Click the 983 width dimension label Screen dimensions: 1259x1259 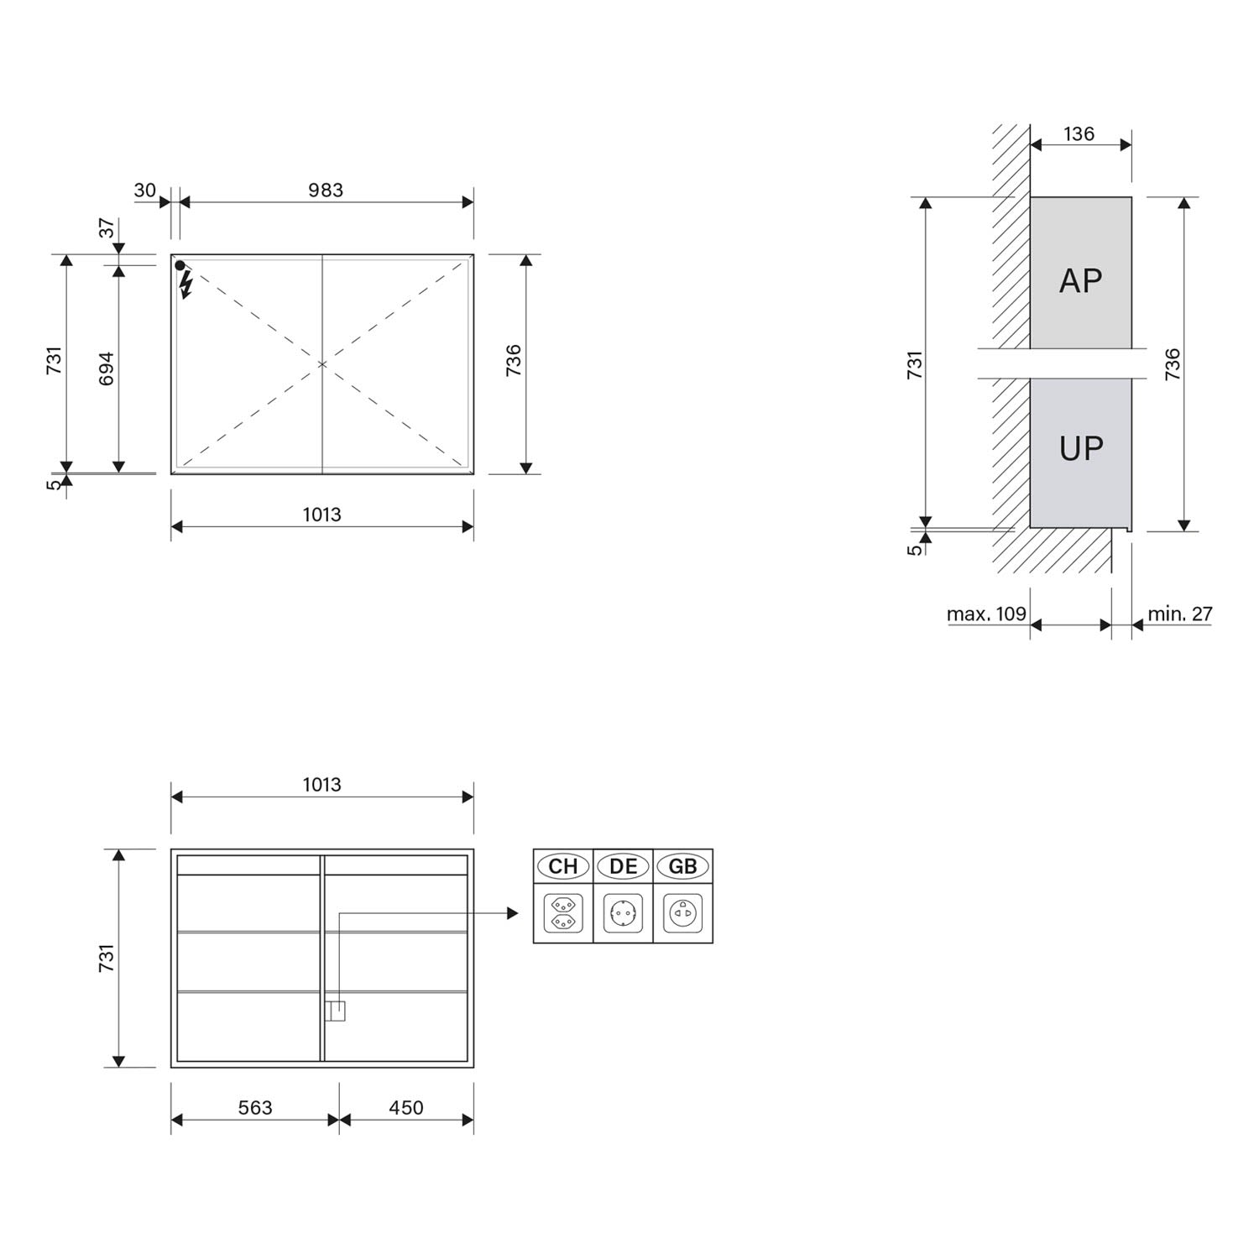tap(326, 191)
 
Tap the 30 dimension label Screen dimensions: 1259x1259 tap(144, 191)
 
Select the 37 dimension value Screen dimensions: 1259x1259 tap(107, 227)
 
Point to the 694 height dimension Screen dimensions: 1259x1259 tap(107, 368)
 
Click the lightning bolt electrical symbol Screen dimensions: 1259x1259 tap(186, 285)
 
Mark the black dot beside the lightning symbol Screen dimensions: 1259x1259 tap(180, 265)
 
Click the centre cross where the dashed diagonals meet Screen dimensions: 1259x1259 tap(322, 364)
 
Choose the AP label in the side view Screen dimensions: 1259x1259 tap(1080, 280)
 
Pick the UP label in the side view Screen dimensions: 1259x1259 tap(1081, 449)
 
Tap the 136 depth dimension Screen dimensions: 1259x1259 tap(1079, 133)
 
